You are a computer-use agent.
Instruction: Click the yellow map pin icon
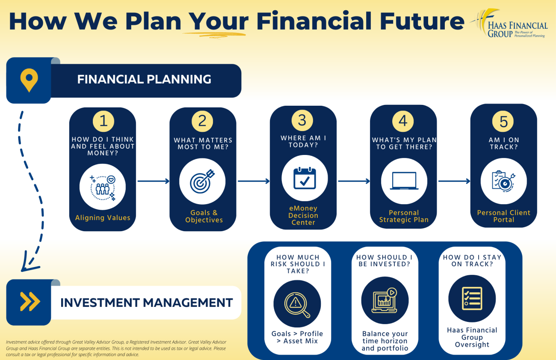29,80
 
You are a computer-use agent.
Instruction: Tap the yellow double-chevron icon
30,302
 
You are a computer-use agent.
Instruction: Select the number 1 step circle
104,121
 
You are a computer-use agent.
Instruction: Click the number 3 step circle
302,120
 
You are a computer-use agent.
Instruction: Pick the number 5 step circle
503,121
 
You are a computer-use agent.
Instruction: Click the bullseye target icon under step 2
202,181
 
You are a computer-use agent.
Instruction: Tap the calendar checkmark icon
305,178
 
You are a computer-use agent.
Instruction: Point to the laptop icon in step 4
404,181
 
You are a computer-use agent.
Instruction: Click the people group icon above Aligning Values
103,187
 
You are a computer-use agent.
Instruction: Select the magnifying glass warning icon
297,305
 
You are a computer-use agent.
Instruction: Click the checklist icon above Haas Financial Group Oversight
472,298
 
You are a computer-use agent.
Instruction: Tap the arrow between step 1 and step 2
154,181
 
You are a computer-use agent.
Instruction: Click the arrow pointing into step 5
454,181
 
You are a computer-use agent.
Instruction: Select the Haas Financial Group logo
509,24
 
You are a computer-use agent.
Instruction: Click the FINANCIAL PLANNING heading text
144,80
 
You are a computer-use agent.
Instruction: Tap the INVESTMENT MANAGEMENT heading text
146,303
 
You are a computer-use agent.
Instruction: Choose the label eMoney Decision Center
303,215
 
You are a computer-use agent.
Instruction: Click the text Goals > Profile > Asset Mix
297,337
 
